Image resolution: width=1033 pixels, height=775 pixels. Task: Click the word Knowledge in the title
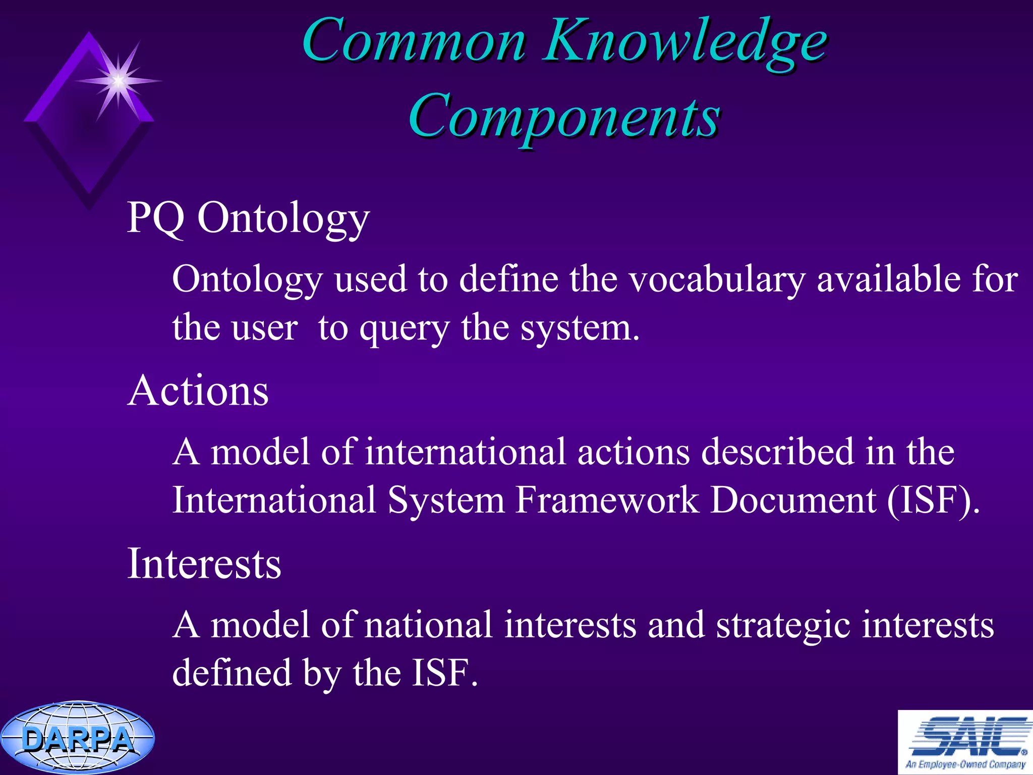[x=686, y=43]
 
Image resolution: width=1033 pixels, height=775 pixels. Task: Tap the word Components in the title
[x=564, y=117]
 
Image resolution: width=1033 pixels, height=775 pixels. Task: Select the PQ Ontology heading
[x=248, y=218]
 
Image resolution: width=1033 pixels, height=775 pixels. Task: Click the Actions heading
[x=198, y=391]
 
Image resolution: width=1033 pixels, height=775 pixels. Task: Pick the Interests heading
[x=204, y=564]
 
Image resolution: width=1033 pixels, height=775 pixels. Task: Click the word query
[x=404, y=329]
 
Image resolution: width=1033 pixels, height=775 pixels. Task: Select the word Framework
[x=607, y=500]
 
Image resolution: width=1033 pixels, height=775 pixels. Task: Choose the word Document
[x=793, y=500]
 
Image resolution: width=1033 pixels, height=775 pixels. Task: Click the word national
[x=428, y=625]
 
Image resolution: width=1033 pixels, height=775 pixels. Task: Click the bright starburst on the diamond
[x=118, y=80]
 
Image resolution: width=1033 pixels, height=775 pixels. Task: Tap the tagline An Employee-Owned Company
[x=965, y=764]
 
